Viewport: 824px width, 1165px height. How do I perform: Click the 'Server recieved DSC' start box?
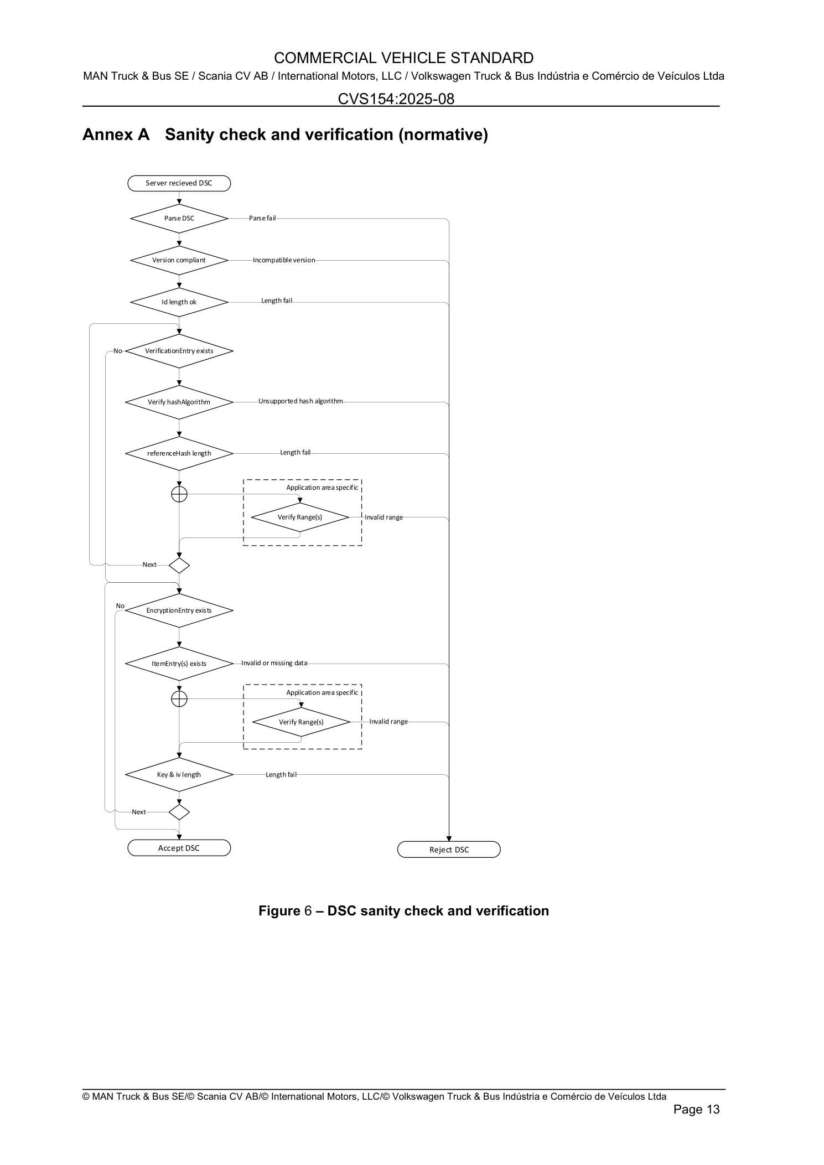tap(179, 183)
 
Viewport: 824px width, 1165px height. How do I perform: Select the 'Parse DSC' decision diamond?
tap(179, 219)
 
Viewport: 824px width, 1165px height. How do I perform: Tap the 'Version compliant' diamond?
tap(179, 260)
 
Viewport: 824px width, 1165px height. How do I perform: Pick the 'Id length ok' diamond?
tap(179, 302)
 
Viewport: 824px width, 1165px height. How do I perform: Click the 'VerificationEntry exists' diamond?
tap(179, 351)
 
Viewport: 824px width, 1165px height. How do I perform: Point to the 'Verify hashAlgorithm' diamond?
tap(179, 402)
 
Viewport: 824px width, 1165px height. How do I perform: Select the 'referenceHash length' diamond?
tap(179, 453)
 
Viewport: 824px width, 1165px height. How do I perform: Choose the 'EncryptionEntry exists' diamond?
tap(179, 610)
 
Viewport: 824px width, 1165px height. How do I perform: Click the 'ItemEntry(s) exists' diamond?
tap(179, 664)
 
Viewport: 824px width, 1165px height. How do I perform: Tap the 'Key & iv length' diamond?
tap(179, 775)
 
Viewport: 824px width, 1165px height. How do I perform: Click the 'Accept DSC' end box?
tap(179, 848)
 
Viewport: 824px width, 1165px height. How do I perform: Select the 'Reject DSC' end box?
tap(449, 850)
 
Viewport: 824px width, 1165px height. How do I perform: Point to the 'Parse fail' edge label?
tap(262, 218)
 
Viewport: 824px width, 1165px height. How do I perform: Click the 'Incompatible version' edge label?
tap(284, 260)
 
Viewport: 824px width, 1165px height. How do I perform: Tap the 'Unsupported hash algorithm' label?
tap(300, 401)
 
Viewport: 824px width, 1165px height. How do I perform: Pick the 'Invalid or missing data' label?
tap(274, 663)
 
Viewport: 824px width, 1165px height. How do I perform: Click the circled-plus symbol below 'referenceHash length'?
tap(179, 494)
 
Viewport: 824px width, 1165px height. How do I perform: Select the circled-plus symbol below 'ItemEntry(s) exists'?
tap(179, 699)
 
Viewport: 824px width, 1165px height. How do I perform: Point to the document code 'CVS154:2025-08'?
tap(396, 99)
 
